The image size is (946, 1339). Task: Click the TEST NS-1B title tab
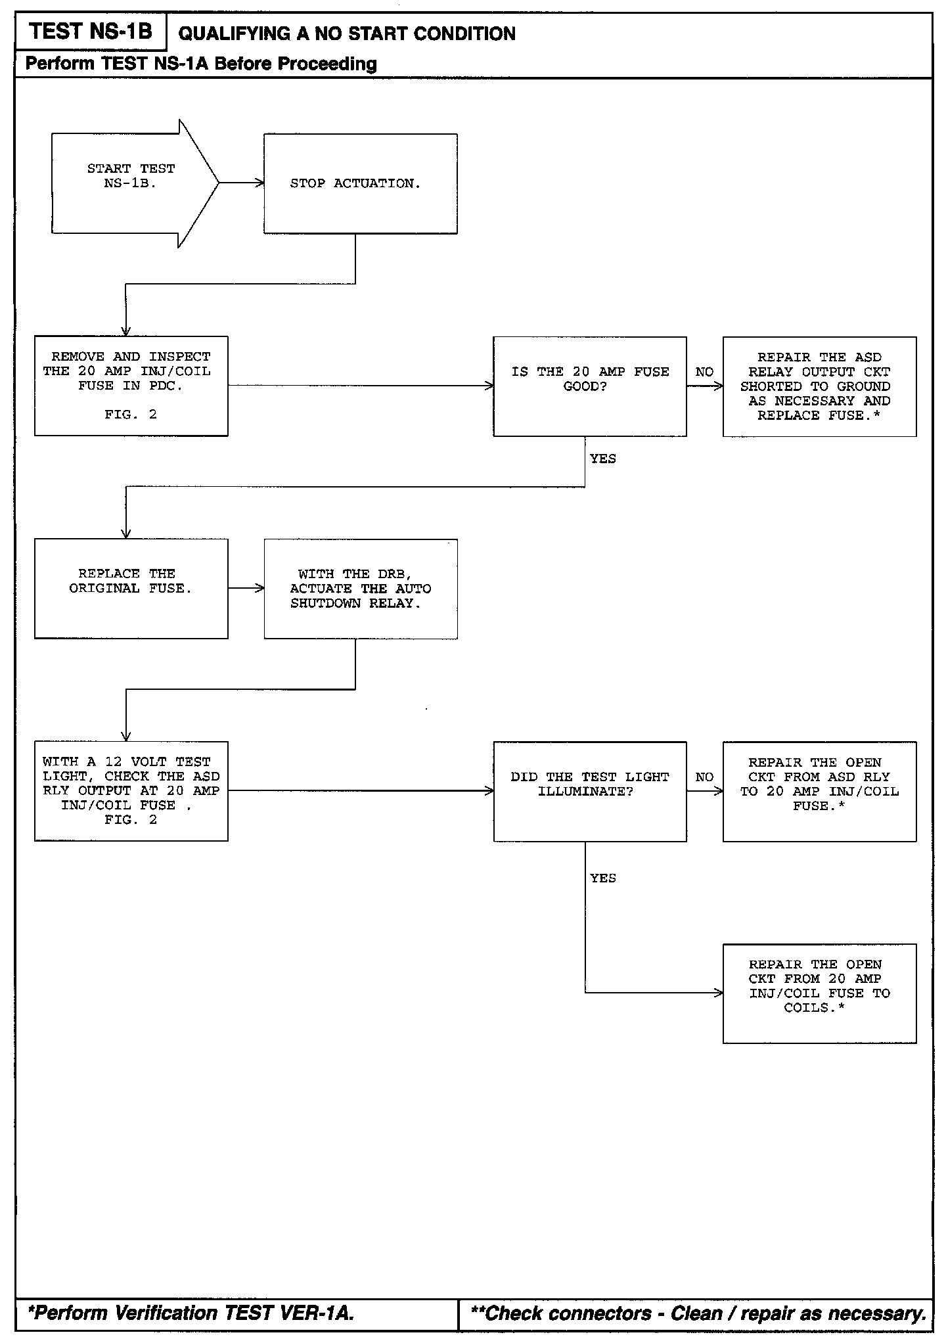point(91,32)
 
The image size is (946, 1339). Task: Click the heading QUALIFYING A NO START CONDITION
point(347,34)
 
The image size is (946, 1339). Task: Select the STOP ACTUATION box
point(360,184)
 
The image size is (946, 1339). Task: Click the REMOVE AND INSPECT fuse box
point(131,386)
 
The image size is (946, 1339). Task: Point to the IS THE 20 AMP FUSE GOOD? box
point(589,386)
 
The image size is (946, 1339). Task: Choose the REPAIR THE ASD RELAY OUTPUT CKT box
point(819,386)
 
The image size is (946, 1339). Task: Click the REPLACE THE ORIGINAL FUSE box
point(131,588)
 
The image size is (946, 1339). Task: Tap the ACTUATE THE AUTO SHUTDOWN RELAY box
point(360,589)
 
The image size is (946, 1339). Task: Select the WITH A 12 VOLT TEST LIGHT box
point(131,791)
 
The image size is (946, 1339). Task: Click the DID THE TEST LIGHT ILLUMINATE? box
point(589,791)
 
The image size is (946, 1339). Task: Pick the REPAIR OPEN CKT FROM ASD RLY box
point(819,791)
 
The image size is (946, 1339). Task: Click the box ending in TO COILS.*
point(819,993)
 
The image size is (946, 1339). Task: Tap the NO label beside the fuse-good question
point(704,372)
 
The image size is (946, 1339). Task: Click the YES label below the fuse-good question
point(602,459)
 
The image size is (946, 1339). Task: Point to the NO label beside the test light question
point(704,777)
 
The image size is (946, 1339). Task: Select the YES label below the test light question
point(602,878)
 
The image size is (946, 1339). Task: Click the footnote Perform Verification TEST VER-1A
point(191,1313)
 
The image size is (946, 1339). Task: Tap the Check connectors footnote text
point(698,1313)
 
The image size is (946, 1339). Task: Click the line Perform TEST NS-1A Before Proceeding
point(201,64)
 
